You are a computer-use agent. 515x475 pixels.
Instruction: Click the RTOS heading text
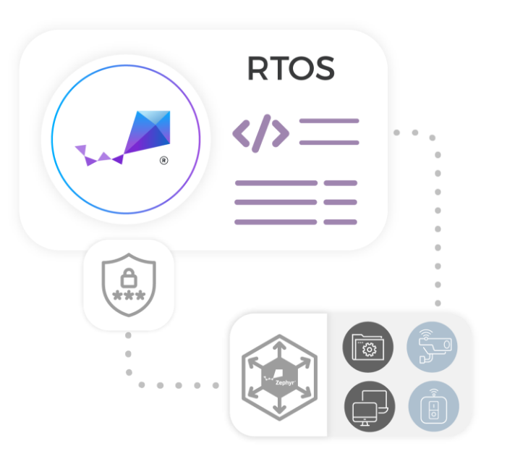pyautogui.click(x=291, y=69)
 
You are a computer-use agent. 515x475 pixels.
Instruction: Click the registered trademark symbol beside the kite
pyautogui.click(x=164, y=161)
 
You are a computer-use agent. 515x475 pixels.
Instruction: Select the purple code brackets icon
pyautogui.click(x=260, y=132)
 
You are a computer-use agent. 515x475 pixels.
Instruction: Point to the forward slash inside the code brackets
pyautogui.click(x=261, y=132)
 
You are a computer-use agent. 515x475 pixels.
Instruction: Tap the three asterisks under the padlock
pyautogui.click(x=129, y=295)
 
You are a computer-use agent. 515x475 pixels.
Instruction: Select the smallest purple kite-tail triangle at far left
pyautogui.click(x=80, y=149)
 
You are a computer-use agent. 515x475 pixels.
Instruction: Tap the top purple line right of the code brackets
pyautogui.click(x=329, y=121)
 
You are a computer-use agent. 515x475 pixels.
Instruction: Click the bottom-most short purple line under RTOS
pyautogui.click(x=340, y=222)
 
